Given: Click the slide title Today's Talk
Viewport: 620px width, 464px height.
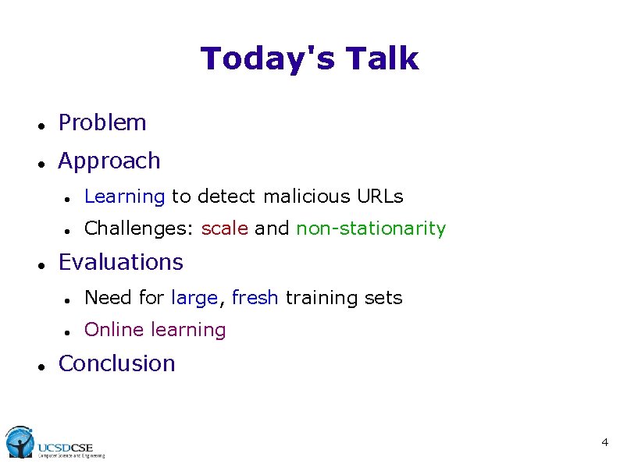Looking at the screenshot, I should [309, 58].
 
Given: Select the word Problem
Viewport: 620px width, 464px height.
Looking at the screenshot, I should [102, 122].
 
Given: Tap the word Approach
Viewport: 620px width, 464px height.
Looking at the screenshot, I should [109, 161].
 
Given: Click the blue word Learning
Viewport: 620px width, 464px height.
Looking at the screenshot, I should [124, 197].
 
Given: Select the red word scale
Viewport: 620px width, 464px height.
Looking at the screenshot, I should [225, 228].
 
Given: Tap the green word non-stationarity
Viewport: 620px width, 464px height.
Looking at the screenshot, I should [371, 228].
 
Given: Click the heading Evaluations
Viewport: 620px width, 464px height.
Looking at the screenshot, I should [121, 262].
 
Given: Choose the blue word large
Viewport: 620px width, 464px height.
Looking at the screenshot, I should [194, 298].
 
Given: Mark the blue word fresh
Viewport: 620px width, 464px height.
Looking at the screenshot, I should [255, 298].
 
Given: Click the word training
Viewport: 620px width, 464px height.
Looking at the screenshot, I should [317, 298].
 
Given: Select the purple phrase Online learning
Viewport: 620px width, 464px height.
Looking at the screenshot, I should [155, 330].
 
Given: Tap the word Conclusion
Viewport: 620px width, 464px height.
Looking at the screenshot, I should [117, 363].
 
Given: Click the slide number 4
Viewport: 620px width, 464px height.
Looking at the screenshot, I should [604, 443].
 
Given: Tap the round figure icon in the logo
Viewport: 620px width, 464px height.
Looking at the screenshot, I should [19, 442].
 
